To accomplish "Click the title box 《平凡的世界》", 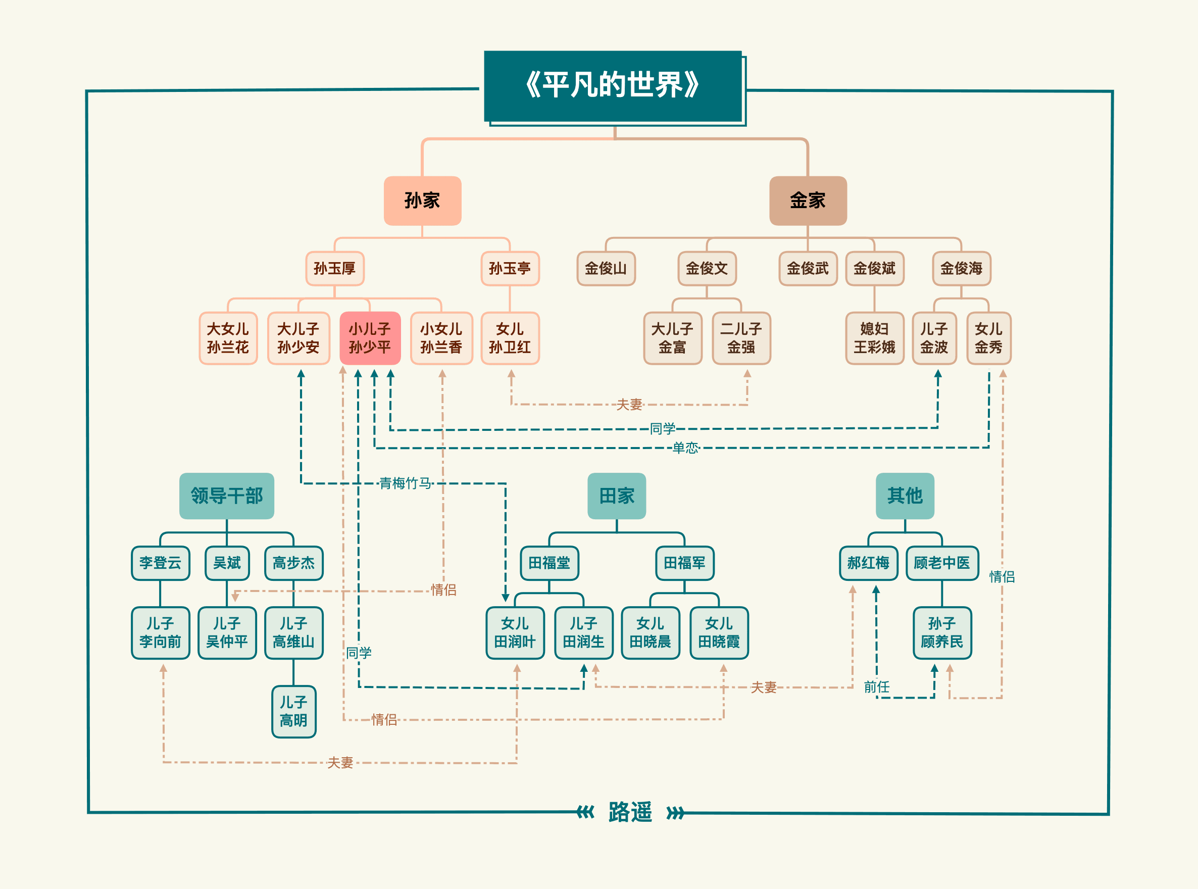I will click(613, 86).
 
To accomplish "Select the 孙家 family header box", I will click(422, 201).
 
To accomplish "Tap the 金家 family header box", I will click(808, 201).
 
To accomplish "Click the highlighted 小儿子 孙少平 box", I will click(370, 338).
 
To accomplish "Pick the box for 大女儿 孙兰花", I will click(228, 338).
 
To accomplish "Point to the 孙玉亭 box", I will click(510, 268).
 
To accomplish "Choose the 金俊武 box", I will click(808, 268).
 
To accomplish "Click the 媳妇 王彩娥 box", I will click(874, 338).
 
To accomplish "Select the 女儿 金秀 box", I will click(988, 338).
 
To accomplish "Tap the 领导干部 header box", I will click(226, 496).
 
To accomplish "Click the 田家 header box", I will click(617, 496).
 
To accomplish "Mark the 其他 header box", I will click(905, 496).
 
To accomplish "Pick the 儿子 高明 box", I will click(294, 711).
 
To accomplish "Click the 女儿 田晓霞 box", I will click(719, 632).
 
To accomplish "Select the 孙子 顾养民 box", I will click(941, 632).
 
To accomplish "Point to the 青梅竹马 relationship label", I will click(405, 483).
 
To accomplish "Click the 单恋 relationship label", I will click(685, 448).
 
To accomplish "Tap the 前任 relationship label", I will click(876, 686).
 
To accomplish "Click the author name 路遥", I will click(630, 812).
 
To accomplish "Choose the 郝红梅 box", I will click(868, 563).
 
